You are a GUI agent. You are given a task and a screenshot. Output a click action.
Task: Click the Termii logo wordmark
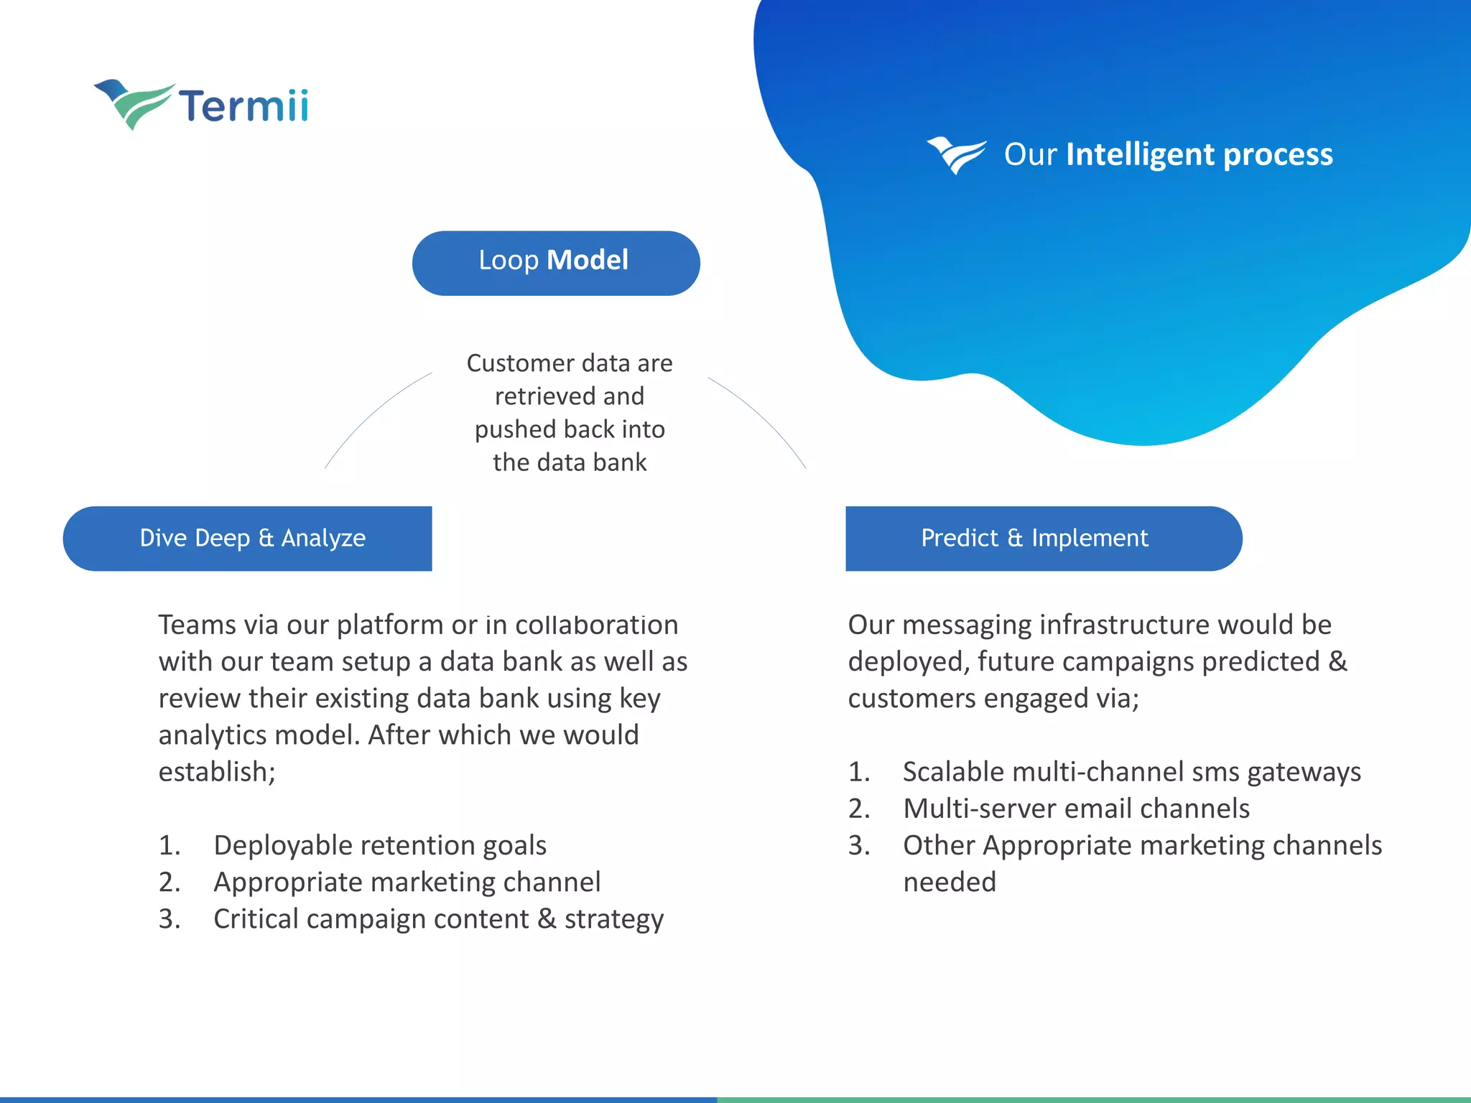[x=243, y=106]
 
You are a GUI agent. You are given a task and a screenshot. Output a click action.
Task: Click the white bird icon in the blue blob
[x=956, y=154]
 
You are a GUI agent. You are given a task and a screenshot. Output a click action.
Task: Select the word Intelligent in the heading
[x=1140, y=154]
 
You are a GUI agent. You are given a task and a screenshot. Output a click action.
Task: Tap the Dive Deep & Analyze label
[x=252, y=539]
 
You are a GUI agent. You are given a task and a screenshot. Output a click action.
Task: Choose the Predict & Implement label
[x=1034, y=539]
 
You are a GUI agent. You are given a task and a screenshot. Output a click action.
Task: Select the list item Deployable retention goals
[x=380, y=845]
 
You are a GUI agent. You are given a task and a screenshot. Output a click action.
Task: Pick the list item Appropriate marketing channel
[x=407, y=882]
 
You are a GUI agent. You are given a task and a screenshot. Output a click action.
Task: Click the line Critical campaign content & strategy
[x=438, y=919]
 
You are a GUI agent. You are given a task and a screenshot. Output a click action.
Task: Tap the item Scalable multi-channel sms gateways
[x=1131, y=772]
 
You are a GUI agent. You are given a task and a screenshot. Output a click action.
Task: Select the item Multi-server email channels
[x=1076, y=809]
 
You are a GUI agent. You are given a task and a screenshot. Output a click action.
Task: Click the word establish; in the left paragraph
[x=217, y=772]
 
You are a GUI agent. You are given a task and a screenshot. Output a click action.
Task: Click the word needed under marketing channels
[x=950, y=882]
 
